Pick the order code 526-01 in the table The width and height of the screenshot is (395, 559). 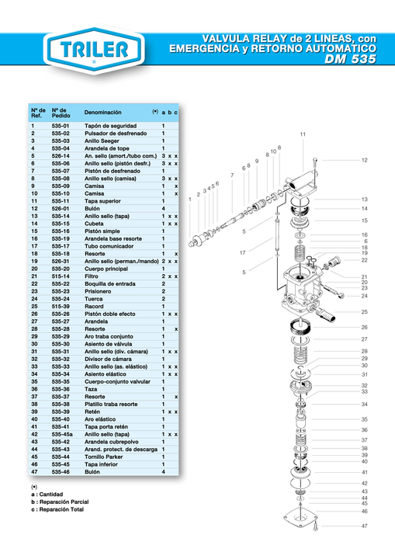(x=61, y=209)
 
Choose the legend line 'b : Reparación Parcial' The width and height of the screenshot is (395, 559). (x=59, y=502)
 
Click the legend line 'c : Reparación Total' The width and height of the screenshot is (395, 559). (x=57, y=510)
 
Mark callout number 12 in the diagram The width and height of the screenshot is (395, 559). (x=363, y=160)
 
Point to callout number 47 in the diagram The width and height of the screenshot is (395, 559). (x=363, y=526)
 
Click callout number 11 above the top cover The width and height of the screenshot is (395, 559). (x=303, y=135)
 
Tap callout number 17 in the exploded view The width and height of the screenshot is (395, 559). (x=242, y=252)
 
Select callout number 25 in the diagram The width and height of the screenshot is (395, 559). (x=363, y=312)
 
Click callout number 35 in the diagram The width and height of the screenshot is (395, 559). (x=363, y=419)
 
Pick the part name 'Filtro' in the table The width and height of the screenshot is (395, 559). (x=93, y=276)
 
